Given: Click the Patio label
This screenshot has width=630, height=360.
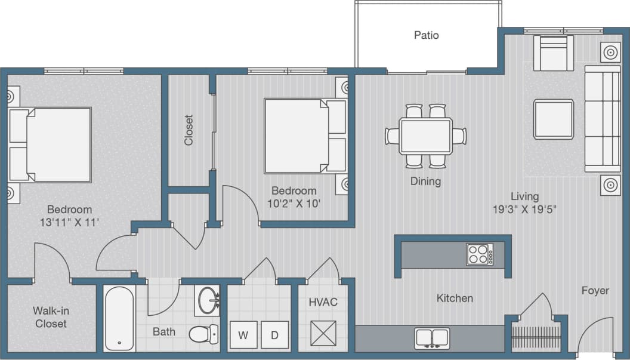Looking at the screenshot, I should click(x=427, y=35).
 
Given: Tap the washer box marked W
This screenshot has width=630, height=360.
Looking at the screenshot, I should click(x=243, y=335).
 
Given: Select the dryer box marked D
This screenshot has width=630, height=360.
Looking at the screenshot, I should click(x=274, y=335).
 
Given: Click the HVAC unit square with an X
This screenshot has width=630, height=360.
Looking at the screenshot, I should click(x=323, y=333).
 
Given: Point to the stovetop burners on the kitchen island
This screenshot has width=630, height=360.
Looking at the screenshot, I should click(x=480, y=255).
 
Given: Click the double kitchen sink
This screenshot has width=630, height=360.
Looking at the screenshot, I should click(x=432, y=338).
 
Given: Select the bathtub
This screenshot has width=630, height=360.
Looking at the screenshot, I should click(x=119, y=318).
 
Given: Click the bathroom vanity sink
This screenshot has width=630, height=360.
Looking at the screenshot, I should click(x=208, y=300).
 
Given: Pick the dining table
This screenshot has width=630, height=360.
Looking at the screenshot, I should click(x=425, y=136).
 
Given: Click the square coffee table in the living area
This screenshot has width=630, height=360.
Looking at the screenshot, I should click(x=553, y=119).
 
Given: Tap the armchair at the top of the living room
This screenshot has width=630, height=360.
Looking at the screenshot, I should click(x=553, y=53).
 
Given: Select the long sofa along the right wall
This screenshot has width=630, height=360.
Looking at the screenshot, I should click(x=602, y=119).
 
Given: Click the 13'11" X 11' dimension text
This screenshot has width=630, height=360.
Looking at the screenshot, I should click(x=69, y=222).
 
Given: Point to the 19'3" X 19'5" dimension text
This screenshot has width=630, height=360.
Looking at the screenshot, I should click(x=525, y=209).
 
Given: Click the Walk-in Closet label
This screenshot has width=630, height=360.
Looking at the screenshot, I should click(x=50, y=317).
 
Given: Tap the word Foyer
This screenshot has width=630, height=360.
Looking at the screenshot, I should click(x=595, y=291).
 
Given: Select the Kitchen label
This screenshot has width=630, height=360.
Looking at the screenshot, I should click(x=455, y=298).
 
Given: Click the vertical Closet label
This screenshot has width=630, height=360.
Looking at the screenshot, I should click(x=189, y=130).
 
